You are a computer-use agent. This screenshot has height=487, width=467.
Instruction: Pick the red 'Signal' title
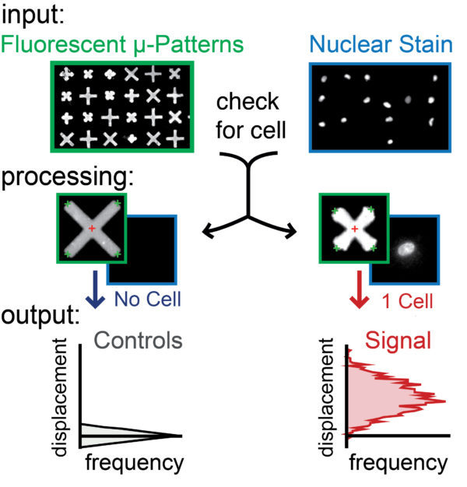click(x=392, y=340)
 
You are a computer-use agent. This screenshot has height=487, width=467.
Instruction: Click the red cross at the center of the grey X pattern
click(x=92, y=228)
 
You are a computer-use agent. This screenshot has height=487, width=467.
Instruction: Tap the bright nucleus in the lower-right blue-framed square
click(x=405, y=250)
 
